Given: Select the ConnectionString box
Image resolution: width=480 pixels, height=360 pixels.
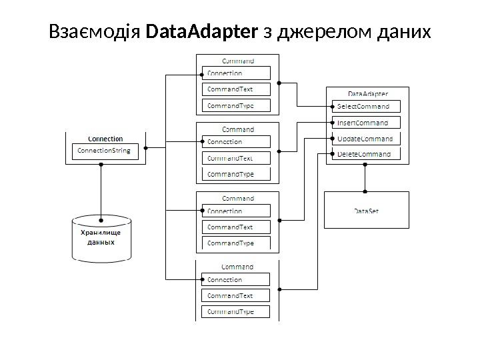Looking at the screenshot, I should (103, 151).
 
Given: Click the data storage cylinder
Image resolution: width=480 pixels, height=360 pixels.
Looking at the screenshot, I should (101, 238).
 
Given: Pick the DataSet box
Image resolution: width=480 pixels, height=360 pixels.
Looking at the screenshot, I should (366, 211).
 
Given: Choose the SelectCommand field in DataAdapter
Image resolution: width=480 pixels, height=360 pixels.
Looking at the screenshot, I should (365, 106).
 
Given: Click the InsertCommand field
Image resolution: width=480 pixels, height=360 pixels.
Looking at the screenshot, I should (365, 123).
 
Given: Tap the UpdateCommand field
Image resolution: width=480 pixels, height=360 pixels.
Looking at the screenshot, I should (365, 139).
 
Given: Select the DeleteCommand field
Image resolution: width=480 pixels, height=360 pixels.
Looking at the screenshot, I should (365, 154).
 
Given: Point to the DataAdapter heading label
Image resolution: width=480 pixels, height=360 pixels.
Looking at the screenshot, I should (368, 94).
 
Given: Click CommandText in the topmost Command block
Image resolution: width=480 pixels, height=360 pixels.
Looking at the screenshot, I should (237, 89).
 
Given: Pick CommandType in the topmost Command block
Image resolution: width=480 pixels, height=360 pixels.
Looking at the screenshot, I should (237, 105).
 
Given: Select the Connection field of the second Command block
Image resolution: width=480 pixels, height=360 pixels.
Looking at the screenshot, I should (237, 141).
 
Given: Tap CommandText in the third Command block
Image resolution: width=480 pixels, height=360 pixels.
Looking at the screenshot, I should (237, 227).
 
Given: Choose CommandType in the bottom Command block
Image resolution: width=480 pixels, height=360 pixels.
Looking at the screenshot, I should (237, 311).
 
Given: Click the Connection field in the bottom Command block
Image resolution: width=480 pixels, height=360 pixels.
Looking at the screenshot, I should (237, 279).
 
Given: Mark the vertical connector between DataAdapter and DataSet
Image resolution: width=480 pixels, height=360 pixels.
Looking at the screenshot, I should (365, 177).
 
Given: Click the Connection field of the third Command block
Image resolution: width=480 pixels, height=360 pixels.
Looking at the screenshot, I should (237, 211).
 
